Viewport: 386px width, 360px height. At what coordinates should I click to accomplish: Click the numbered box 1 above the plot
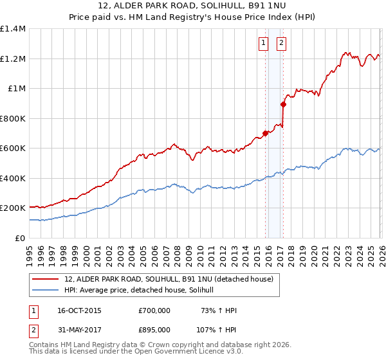[x=264, y=44]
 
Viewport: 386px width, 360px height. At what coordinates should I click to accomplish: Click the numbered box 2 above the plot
[x=282, y=44]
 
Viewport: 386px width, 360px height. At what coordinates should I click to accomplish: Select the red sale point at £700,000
[x=265, y=134]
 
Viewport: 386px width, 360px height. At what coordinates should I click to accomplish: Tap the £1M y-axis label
[x=17, y=89]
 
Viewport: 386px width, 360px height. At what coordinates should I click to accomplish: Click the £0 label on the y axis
[x=21, y=238]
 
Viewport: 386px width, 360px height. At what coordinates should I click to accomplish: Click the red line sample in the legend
[x=45, y=279]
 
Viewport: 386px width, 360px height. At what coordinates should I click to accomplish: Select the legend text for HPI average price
[x=143, y=290]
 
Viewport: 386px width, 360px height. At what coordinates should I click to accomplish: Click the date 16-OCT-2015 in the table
[x=79, y=310]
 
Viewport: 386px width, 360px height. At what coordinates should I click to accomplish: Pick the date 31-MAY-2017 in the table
[x=79, y=329]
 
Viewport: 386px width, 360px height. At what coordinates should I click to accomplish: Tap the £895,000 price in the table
[x=154, y=329]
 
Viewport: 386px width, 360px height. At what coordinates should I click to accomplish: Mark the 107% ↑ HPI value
[x=217, y=329]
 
